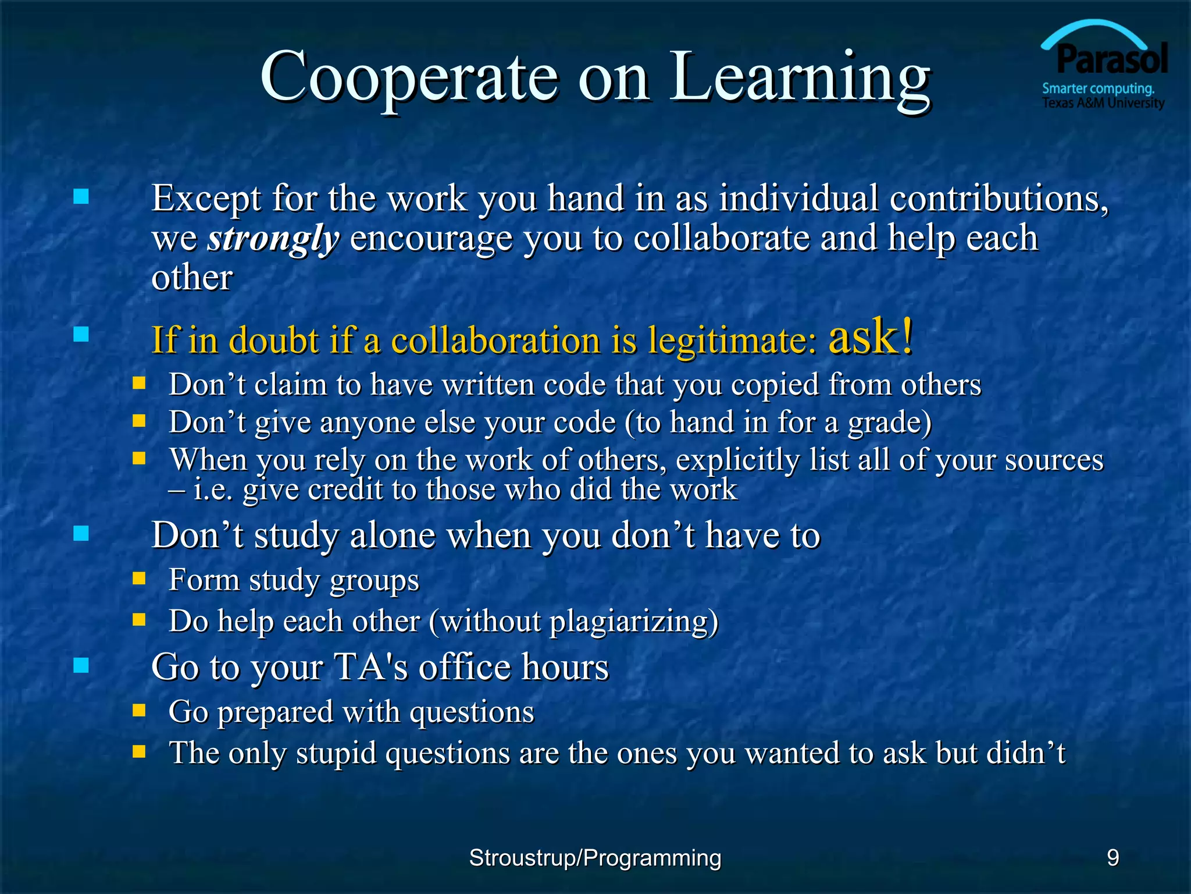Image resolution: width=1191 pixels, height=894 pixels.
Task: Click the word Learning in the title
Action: click(x=800, y=77)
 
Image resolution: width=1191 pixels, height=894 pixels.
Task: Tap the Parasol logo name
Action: click(x=1112, y=59)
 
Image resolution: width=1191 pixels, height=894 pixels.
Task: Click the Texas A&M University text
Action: click(x=1103, y=104)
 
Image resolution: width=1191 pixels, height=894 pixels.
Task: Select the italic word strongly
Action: click(x=273, y=239)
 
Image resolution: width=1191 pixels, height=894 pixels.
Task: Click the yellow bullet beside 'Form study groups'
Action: click(x=138, y=578)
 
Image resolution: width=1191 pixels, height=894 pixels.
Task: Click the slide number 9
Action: click(x=1112, y=857)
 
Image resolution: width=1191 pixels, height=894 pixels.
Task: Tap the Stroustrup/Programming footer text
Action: click(x=595, y=858)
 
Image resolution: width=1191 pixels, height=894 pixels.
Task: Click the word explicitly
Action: click(x=737, y=460)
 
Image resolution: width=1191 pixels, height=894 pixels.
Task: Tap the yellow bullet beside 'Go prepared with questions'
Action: click(x=138, y=710)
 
